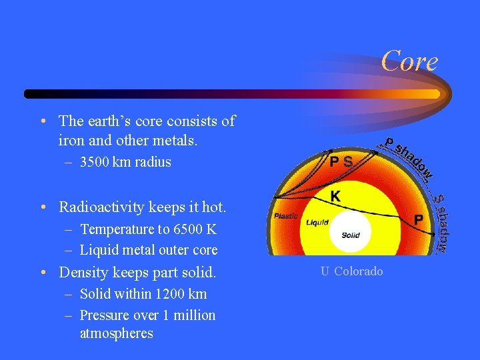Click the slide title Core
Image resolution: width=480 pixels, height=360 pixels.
409,62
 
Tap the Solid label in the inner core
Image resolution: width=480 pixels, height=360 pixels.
351,235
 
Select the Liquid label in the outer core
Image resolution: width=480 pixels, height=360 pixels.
317,222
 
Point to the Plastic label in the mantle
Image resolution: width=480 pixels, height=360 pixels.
285,217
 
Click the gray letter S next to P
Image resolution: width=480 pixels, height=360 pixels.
347,161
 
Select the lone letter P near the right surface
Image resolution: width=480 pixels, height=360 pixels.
419,219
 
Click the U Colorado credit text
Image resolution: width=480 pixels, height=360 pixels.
351,271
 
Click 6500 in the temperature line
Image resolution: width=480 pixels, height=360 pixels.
187,230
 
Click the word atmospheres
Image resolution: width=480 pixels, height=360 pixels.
116,333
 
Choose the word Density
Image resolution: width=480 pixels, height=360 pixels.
83,273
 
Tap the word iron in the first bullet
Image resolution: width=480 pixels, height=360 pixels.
71,141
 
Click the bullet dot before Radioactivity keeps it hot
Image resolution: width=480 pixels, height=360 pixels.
43,207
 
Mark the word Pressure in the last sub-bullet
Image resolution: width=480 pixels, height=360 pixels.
105,315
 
